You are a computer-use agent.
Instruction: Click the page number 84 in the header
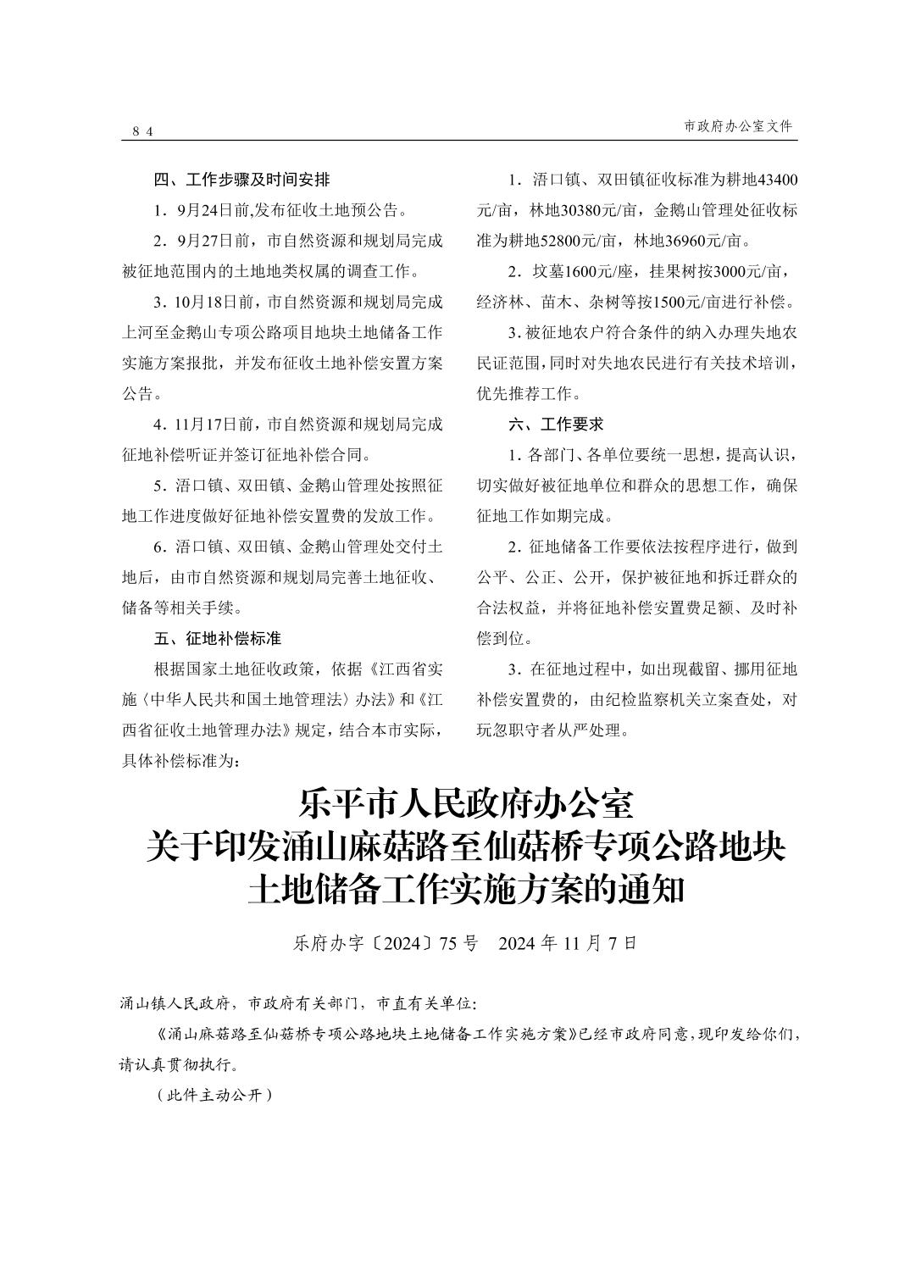click(142, 131)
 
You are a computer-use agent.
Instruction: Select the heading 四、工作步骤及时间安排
click(241, 180)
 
